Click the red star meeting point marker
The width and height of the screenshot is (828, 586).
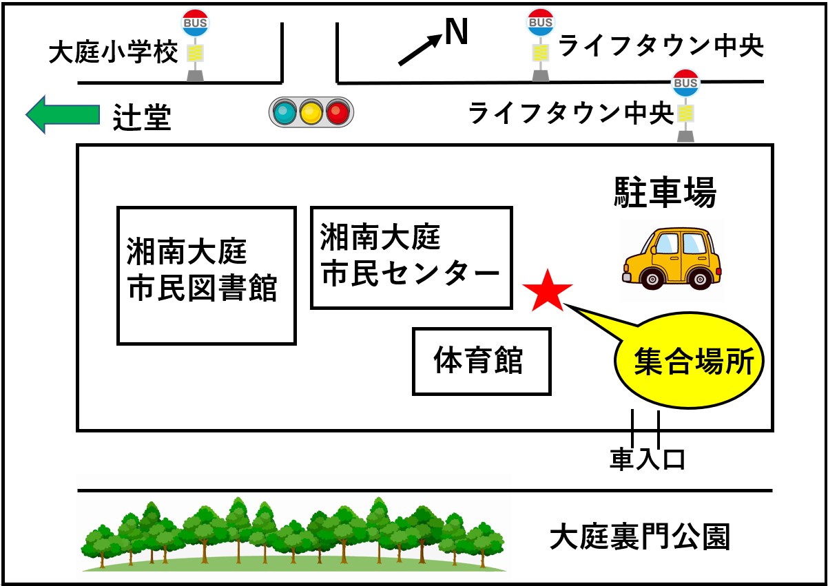(548, 290)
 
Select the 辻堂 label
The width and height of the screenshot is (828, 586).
(141, 118)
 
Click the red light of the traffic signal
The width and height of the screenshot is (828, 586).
(338, 112)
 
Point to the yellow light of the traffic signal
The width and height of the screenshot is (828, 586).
(311, 112)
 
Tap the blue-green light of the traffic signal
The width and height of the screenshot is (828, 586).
(284, 112)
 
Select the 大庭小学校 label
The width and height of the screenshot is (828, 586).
(113, 53)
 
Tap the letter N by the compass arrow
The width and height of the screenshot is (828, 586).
(455, 31)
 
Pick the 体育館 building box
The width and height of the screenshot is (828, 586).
(482, 361)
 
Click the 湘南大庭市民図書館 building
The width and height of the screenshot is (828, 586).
(206, 275)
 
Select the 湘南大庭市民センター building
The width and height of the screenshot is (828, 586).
(411, 257)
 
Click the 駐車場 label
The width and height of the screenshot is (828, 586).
(665, 194)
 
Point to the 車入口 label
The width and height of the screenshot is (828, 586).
(647, 459)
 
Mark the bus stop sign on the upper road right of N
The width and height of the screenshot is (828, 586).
(541, 23)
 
